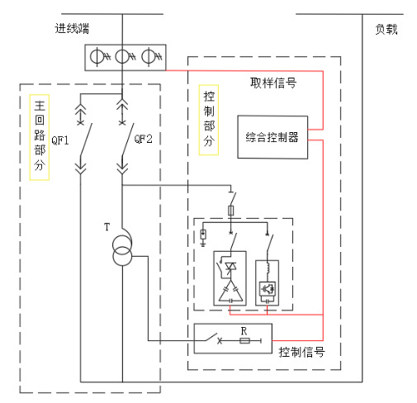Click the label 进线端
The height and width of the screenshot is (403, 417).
(72, 29)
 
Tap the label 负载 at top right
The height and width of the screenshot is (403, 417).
(386, 29)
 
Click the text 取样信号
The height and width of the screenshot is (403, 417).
(273, 83)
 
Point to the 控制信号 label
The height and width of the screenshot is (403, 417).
(301, 351)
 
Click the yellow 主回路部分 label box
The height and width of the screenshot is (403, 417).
(39, 137)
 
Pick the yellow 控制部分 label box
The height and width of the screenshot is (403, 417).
(209, 120)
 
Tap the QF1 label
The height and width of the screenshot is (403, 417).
(60, 140)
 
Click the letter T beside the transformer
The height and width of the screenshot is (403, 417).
(106, 225)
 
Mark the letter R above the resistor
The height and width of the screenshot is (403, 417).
(243, 330)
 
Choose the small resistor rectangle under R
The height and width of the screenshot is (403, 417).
(243, 339)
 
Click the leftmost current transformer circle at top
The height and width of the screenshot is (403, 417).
(97, 57)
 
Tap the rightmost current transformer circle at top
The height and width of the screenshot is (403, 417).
(149, 57)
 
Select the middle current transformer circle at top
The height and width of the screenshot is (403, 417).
(123, 57)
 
